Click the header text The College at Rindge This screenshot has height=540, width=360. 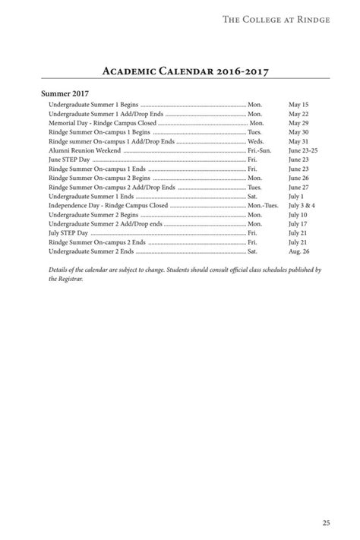click(276, 19)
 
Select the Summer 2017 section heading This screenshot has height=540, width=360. click(67, 93)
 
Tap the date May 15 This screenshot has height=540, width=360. click(298, 104)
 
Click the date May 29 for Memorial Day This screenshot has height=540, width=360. click(298, 122)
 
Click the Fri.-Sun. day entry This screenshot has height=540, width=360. click(259, 150)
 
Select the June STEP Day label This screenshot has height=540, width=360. click(68, 159)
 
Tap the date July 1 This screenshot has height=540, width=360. click(296, 196)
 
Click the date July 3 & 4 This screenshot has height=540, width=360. click(302, 205)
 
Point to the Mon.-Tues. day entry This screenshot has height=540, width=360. click(263, 205)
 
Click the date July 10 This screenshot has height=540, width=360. click(298, 215)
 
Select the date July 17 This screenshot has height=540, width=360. click(298, 224)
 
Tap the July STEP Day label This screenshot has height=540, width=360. click(68, 233)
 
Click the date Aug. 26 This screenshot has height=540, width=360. click(299, 251)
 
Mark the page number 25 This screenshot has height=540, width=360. click(325, 522)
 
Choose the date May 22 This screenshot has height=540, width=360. click(298, 113)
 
